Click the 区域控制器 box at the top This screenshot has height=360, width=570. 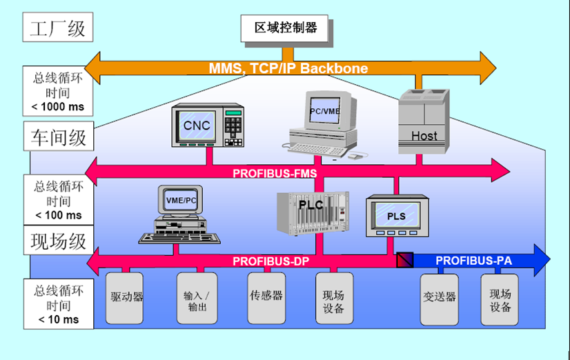[x=285, y=28]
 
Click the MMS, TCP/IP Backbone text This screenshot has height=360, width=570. [x=288, y=68]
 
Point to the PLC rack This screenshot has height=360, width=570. [x=310, y=212]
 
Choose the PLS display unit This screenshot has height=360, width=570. [x=395, y=215]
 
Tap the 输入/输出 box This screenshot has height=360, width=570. [x=196, y=299]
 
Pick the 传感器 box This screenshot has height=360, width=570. [x=266, y=298]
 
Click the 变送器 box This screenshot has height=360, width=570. [x=440, y=298]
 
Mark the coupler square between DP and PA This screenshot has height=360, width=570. [x=404, y=260]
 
